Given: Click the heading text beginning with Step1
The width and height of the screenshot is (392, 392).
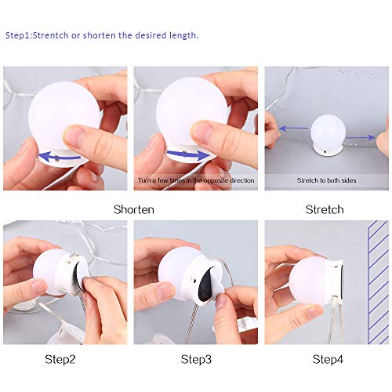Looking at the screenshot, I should click(x=102, y=35).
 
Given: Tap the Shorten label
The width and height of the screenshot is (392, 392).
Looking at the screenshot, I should click(x=134, y=209).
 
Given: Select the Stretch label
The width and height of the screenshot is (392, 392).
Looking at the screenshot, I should click(x=324, y=209).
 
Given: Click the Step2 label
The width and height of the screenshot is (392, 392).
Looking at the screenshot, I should click(x=62, y=359).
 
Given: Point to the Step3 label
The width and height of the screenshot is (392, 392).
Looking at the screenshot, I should click(x=196, y=359).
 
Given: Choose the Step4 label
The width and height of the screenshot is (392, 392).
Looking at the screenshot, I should click(x=328, y=359).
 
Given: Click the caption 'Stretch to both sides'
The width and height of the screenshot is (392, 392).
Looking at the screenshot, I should click(x=326, y=180).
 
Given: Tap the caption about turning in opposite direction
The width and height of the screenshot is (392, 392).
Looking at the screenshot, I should click(x=195, y=180).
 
